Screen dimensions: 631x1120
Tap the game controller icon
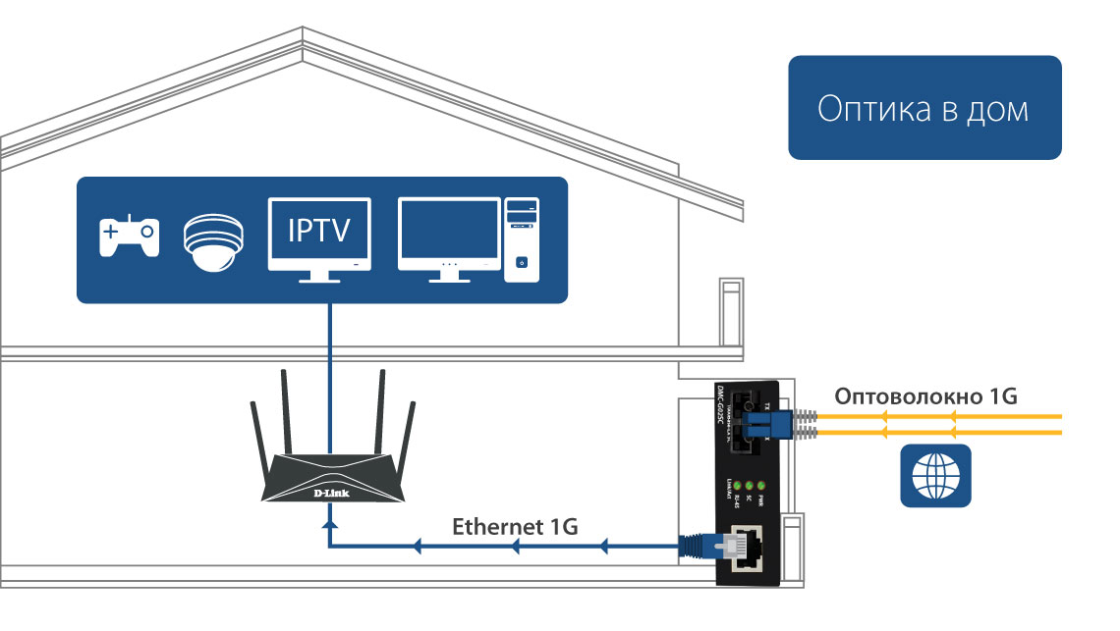tap(129, 237)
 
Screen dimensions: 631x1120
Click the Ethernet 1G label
tap(515, 526)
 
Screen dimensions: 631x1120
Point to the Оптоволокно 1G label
tap(925, 397)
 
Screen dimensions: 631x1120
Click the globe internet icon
tap(935, 476)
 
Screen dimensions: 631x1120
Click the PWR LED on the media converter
tap(760, 486)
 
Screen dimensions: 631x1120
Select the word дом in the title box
tap(995, 108)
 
